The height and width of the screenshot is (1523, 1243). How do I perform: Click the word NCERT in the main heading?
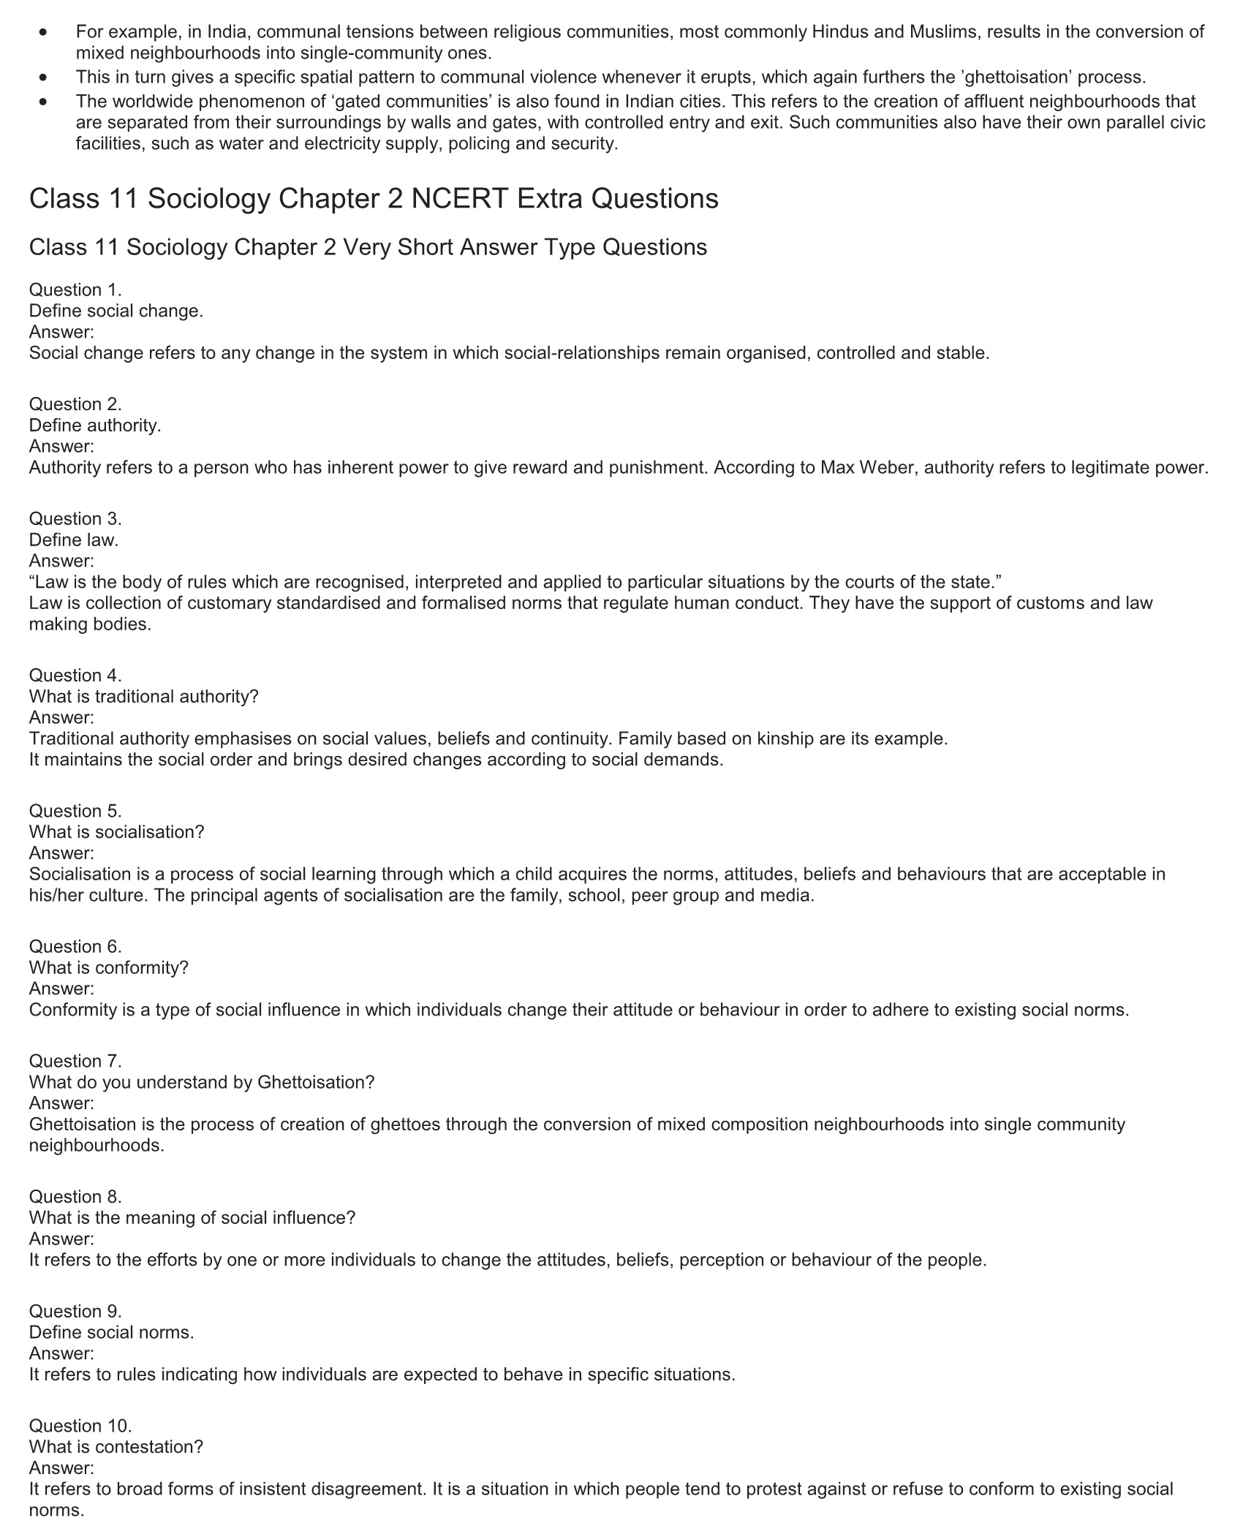point(459,199)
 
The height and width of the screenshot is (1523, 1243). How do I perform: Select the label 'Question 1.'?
point(75,290)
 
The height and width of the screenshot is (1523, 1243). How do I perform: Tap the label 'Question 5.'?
point(75,811)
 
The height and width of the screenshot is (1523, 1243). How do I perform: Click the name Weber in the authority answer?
point(887,467)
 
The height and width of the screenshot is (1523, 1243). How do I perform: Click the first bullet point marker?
point(45,33)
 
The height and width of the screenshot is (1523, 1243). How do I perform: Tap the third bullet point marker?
point(45,102)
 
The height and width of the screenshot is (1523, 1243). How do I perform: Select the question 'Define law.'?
point(73,540)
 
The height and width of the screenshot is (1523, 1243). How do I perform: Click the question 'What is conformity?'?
point(109,967)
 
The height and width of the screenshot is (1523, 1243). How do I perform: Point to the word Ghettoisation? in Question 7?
point(316,1082)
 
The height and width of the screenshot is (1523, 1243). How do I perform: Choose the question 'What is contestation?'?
point(116,1447)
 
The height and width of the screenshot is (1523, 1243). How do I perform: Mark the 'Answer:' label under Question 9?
point(61,1353)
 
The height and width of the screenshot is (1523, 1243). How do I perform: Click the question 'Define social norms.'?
point(111,1332)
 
